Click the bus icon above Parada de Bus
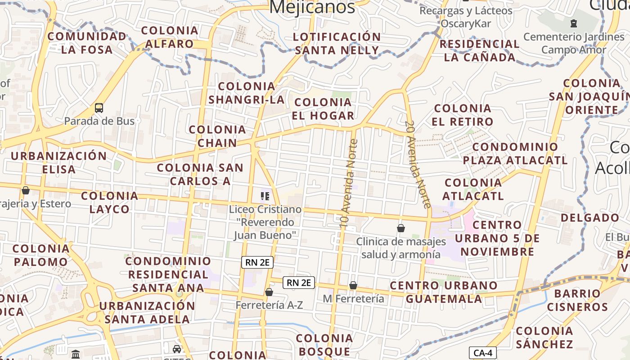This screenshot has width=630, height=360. click(99, 108)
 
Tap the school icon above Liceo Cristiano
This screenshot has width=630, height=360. click(265, 196)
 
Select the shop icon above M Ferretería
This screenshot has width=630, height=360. click(353, 285)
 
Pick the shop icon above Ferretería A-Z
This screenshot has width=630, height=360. click(269, 292)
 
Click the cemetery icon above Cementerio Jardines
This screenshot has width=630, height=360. click(573, 23)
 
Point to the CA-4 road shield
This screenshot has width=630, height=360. click(483, 353)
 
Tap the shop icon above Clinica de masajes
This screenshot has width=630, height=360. click(401, 228)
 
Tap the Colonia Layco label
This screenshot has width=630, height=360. click(110, 202)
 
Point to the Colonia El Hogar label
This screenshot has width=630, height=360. click(323, 109)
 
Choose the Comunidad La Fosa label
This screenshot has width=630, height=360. click(87, 43)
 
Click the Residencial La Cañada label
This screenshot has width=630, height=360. click(480, 50)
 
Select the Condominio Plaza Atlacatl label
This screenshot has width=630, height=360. click(515, 153)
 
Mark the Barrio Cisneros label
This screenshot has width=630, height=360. click(578, 300)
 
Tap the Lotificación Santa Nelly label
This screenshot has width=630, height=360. click(337, 44)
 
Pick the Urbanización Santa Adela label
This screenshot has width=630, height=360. click(147, 312)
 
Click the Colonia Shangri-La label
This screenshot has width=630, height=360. click(247, 93)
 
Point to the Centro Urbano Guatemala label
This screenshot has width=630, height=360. click(444, 292)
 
